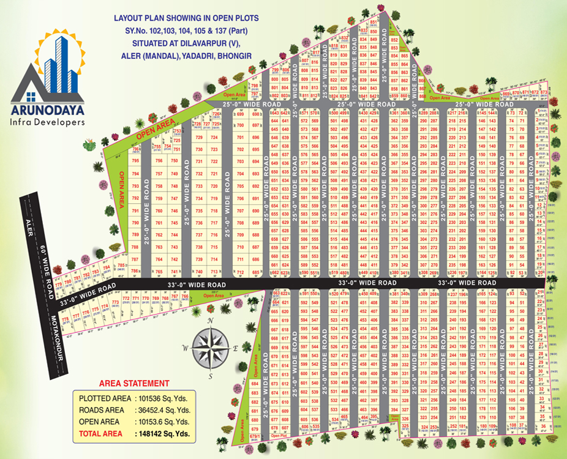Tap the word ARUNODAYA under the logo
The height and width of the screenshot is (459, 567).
[48, 111]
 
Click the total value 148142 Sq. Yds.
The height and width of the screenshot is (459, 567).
[163, 435]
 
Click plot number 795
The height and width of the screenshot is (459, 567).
[135, 161]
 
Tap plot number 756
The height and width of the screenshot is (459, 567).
[159, 161]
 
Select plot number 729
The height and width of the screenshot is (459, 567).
[198, 138]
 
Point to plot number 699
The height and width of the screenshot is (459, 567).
[241, 114]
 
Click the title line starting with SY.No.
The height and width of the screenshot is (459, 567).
[187, 30]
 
